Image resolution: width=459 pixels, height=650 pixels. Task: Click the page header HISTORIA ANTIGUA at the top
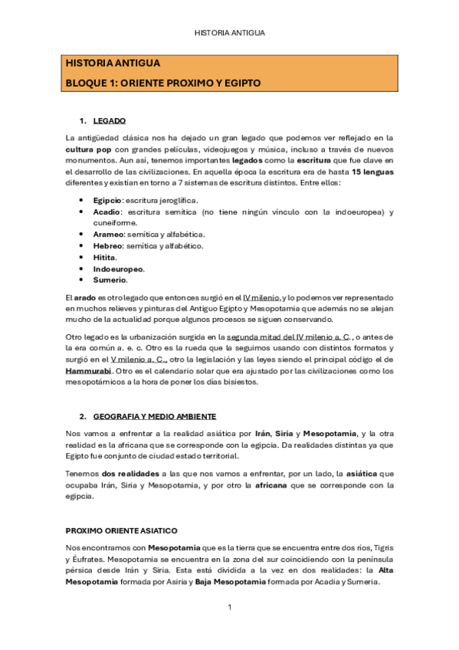click(229, 33)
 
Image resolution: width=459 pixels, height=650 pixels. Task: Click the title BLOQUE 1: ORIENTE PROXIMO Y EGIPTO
click(163, 82)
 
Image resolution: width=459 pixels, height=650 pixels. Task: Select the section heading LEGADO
click(110, 121)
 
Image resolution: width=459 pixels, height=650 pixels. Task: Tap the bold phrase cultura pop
click(88, 149)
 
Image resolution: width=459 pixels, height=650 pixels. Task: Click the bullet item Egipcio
click(107, 200)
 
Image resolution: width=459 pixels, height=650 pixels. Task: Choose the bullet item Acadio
click(107, 212)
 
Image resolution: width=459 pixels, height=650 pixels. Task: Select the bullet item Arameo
click(108, 235)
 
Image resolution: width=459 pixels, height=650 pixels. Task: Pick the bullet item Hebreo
click(107, 246)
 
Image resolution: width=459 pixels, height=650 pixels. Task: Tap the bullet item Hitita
click(104, 258)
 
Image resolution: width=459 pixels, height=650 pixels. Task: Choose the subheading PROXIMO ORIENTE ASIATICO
click(122, 530)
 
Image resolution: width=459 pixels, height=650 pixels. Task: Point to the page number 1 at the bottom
click(229, 607)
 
